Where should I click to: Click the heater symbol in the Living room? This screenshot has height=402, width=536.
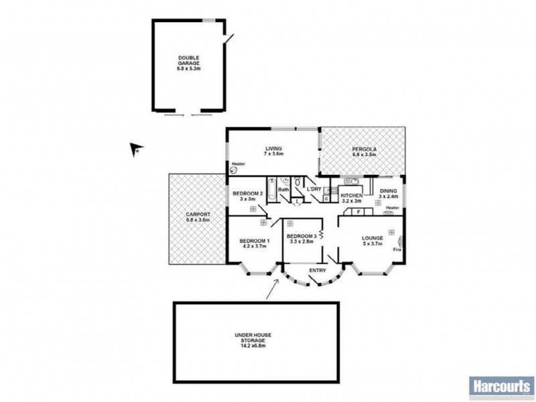234,170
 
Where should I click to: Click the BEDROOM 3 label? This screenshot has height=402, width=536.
301,237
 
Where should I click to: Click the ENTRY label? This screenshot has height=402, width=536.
318,271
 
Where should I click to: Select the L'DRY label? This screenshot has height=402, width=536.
314,190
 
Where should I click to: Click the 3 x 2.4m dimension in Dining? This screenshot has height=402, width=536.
389,197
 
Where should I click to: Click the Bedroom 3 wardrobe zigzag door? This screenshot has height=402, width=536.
322,235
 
